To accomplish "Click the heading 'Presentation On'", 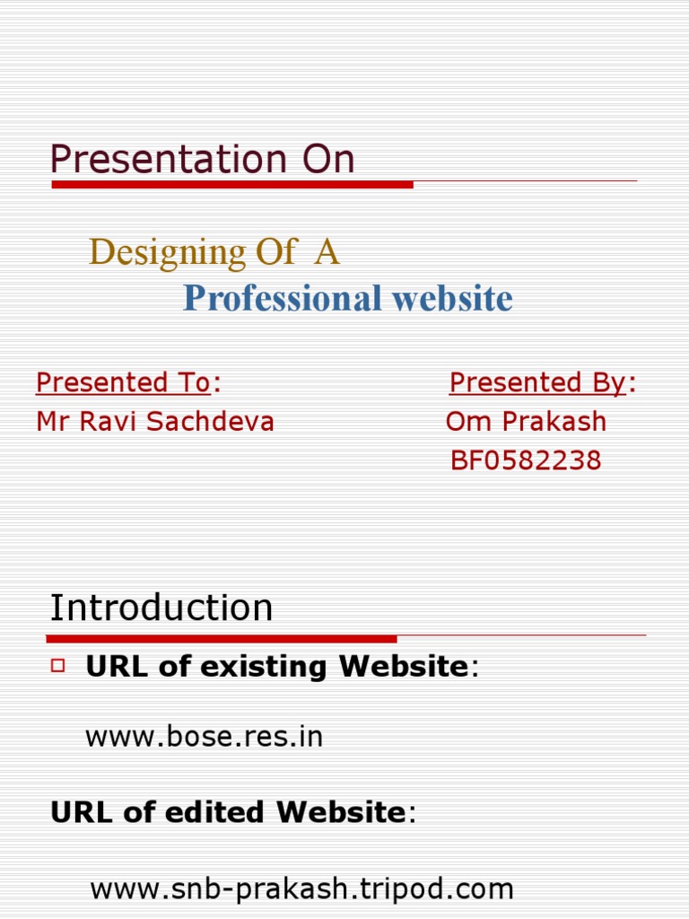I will point(202,160).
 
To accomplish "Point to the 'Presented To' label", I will point(123,383).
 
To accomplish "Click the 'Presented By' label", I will point(537,383).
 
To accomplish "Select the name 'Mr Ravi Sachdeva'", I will point(155,422).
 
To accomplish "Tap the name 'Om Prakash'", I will point(526,422).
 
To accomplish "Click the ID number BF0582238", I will point(526,461).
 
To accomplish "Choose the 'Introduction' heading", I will point(161,608).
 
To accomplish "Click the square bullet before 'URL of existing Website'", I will point(60,665).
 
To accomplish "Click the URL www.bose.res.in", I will point(204,738).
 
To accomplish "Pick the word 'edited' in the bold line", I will point(225,813).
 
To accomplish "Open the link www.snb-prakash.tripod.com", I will point(302,890).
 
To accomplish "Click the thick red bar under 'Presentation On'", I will point(232,185).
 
